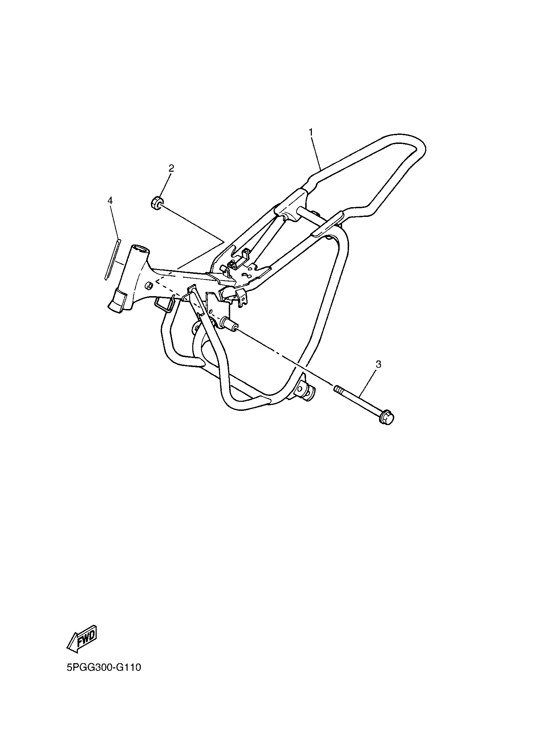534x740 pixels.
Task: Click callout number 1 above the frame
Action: pos(311,132)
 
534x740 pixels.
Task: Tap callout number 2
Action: pos(171,169)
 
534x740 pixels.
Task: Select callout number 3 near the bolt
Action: pos(379,365)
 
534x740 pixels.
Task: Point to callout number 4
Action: pos(110,201)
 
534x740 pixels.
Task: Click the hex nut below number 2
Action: pos(156,203)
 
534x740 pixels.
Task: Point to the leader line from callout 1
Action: pos(315,154)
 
